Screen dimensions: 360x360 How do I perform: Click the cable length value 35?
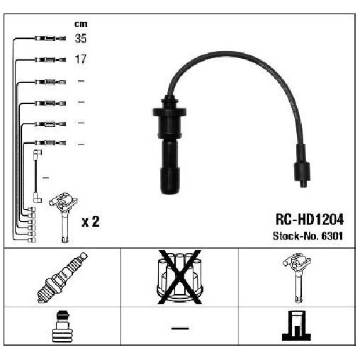click(81, 38)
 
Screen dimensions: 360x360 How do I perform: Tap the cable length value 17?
click(81, 59)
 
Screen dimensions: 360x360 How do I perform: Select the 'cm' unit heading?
click(81, 24)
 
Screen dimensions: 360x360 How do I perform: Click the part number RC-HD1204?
click(310, 220)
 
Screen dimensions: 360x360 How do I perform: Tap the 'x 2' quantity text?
click(91, 222)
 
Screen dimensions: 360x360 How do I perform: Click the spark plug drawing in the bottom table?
click(62, 278)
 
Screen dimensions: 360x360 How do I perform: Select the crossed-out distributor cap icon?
click(180, 277)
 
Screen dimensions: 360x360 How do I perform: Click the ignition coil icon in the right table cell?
click(298, 278)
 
